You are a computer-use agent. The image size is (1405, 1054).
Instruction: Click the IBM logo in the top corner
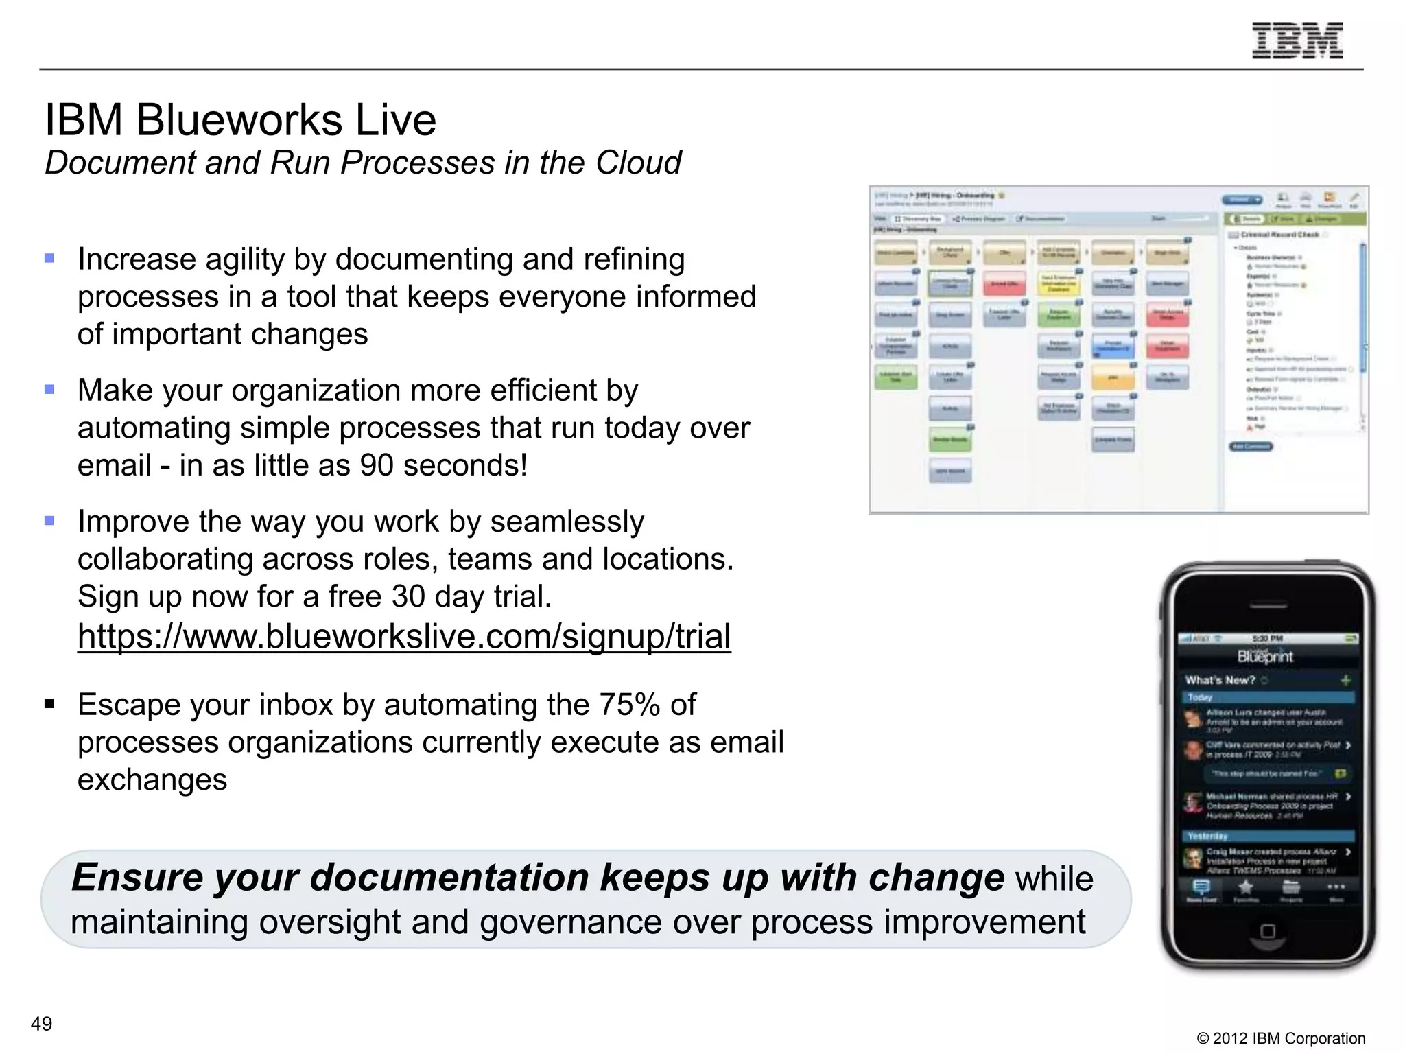[1297, 40]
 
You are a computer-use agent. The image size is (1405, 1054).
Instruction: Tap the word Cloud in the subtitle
[638, 163]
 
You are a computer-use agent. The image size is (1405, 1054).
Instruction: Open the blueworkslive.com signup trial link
[404, 636]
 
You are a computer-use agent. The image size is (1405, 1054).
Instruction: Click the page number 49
[41, 1024]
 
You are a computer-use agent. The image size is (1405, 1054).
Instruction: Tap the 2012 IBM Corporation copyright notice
[1281, 1038]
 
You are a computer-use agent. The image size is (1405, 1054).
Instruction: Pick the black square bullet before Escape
[49, 704]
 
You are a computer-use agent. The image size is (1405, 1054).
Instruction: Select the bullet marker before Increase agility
[49, 259]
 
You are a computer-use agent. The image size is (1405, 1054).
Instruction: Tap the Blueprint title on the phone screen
[1265, 657]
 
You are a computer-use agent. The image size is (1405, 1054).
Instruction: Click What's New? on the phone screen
[1220, 680]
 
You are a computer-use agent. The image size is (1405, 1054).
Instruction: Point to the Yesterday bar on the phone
[1268, 836]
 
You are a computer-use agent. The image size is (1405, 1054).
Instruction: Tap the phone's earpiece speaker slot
[1268, 607]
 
